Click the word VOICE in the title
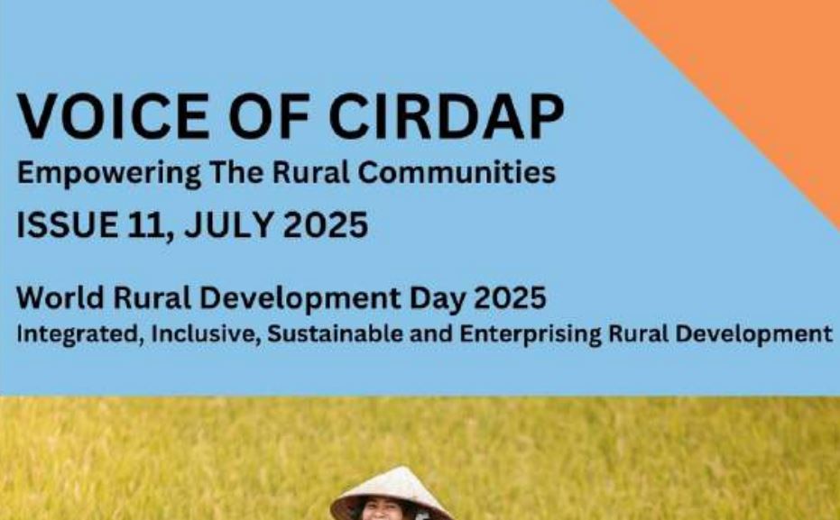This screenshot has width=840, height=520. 113,116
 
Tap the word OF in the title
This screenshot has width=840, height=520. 270,116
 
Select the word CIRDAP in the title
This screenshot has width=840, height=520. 447,116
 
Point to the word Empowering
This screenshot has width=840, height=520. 109,173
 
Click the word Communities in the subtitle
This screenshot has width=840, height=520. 457,173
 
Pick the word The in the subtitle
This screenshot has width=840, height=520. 236,172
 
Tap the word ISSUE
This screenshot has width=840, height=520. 68,224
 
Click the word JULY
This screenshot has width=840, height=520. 229,224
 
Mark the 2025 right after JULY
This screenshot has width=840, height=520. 326,224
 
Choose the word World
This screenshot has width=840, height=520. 60,297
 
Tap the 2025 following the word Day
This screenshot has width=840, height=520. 510,297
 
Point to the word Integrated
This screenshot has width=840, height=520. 80,334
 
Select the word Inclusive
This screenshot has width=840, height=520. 206,333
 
